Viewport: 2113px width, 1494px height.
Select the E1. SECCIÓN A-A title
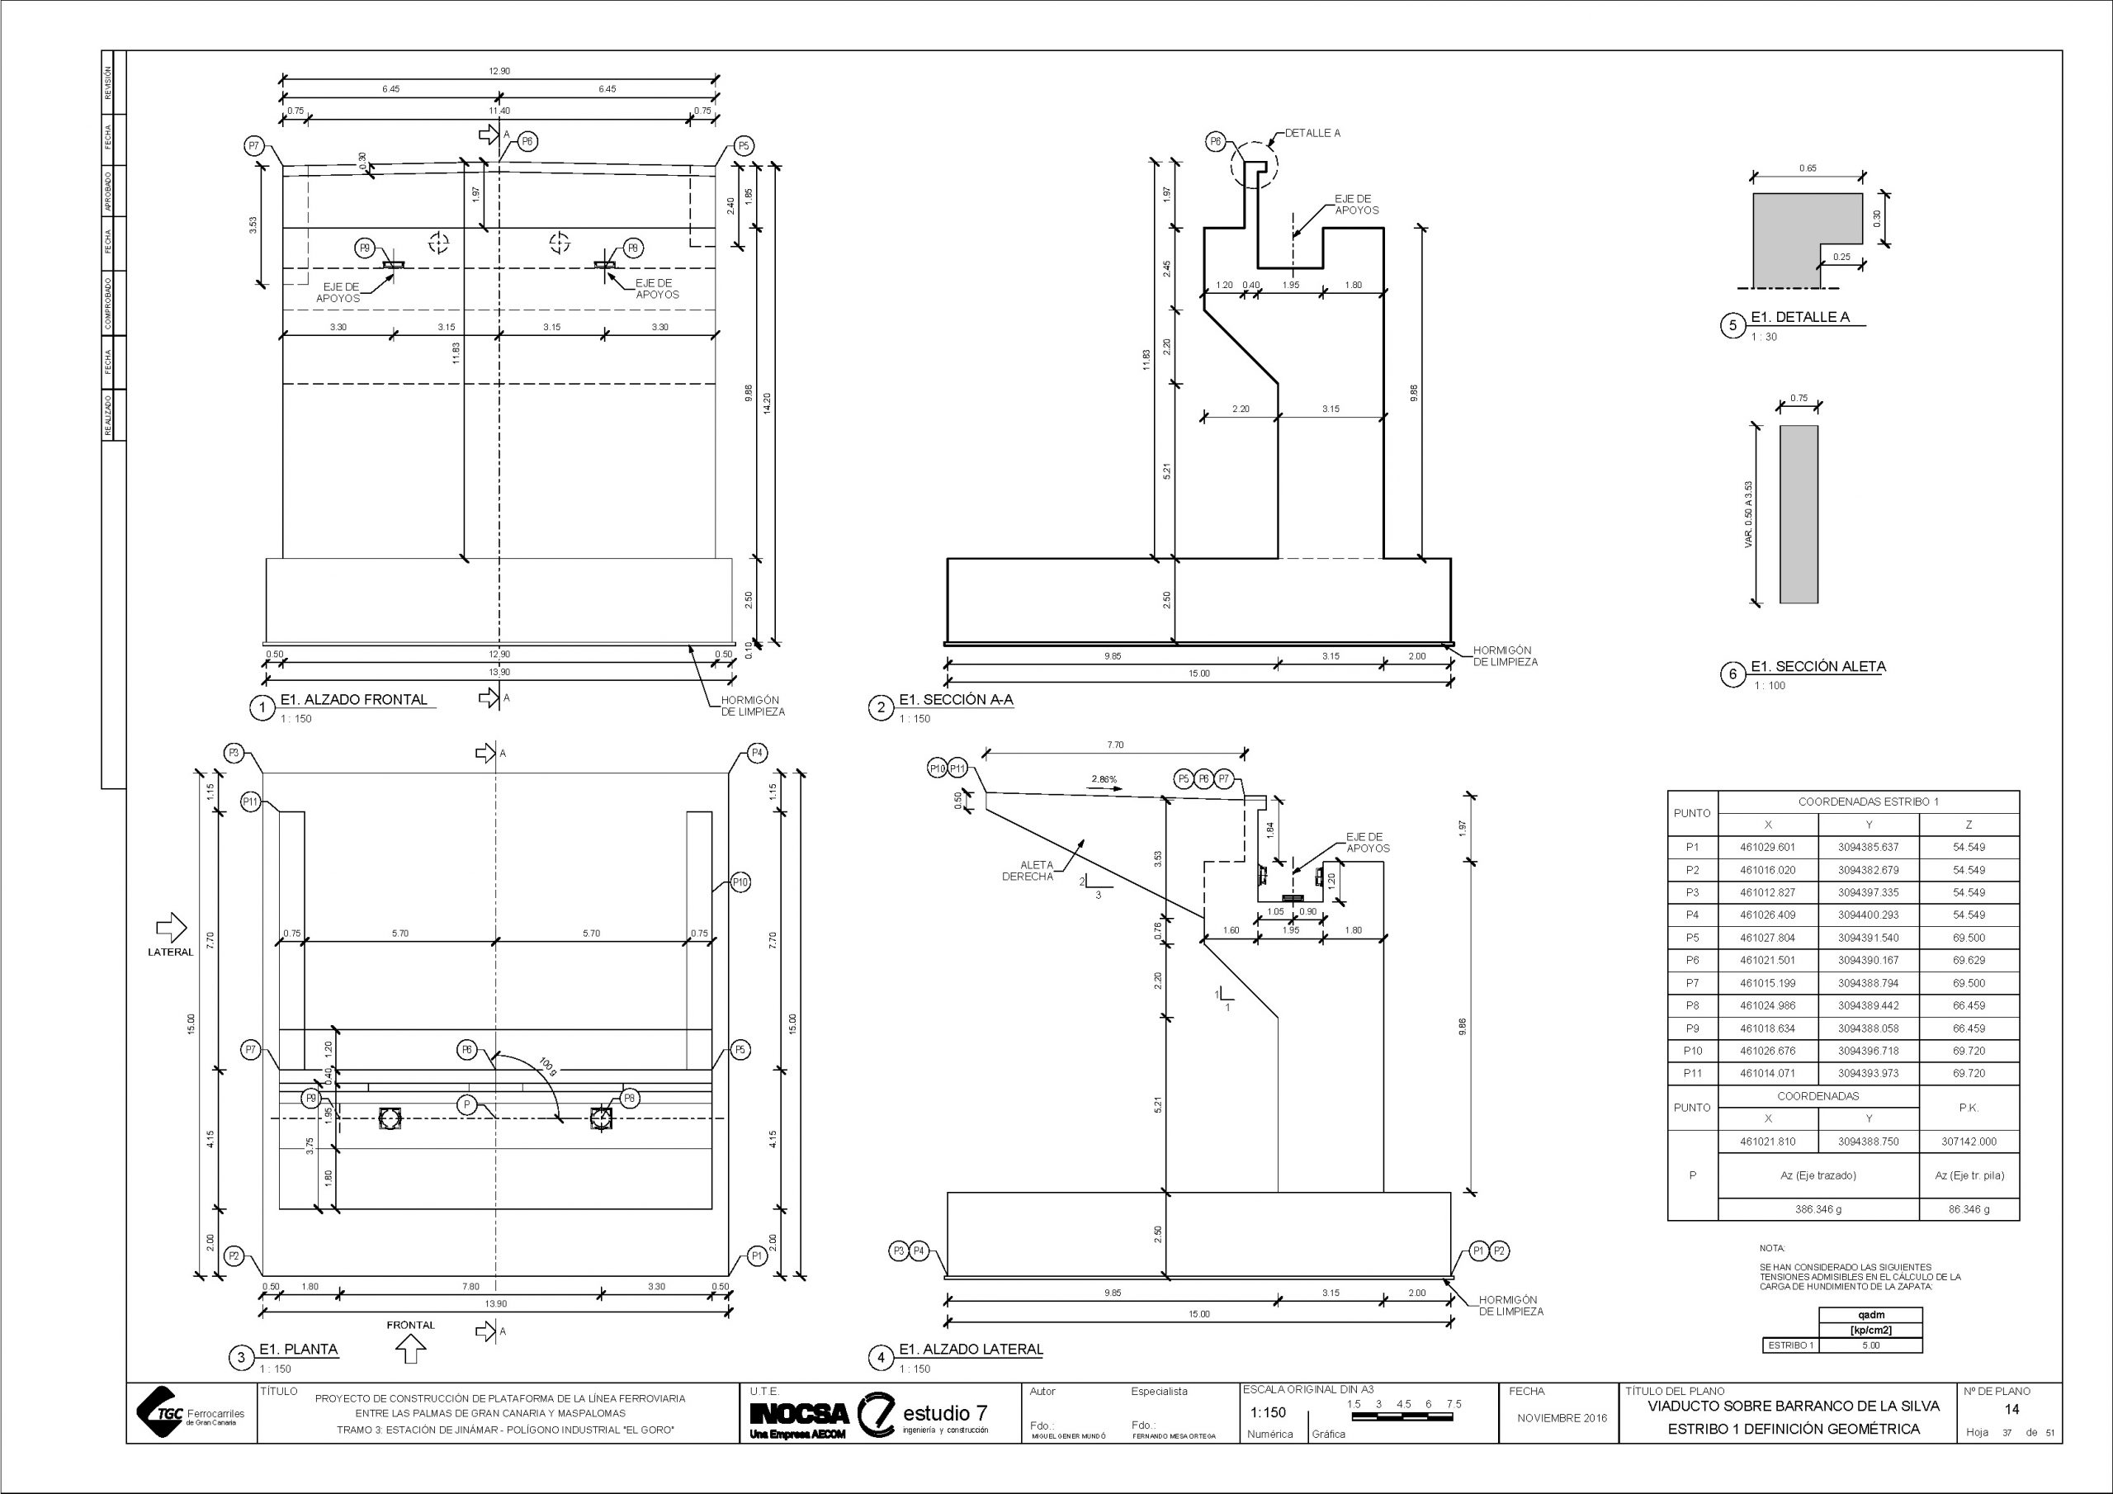[x=955, y=700]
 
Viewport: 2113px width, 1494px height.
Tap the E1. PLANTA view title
[x=298, y=1350]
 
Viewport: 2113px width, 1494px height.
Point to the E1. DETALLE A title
[x=1799, y=318]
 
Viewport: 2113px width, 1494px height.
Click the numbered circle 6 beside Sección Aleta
[x=1733, y=674]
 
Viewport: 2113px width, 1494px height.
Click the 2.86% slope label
[x=1104, y=780]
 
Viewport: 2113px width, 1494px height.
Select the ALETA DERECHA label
[x=1028, y=871]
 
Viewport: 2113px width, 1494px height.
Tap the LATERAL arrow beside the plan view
[x=171, y=927]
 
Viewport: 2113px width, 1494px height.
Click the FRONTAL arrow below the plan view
[x=410, y=1350]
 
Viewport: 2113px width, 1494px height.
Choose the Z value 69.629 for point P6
[x=1969, y=960]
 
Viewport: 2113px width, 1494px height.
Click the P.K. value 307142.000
[x=1969, y=1142]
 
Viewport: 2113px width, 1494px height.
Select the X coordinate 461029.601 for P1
[x=1767, y=847]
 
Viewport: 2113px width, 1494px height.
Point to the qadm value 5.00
[x=1870, y=1345]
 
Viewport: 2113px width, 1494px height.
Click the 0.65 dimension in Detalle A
[x=1807, y=169]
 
